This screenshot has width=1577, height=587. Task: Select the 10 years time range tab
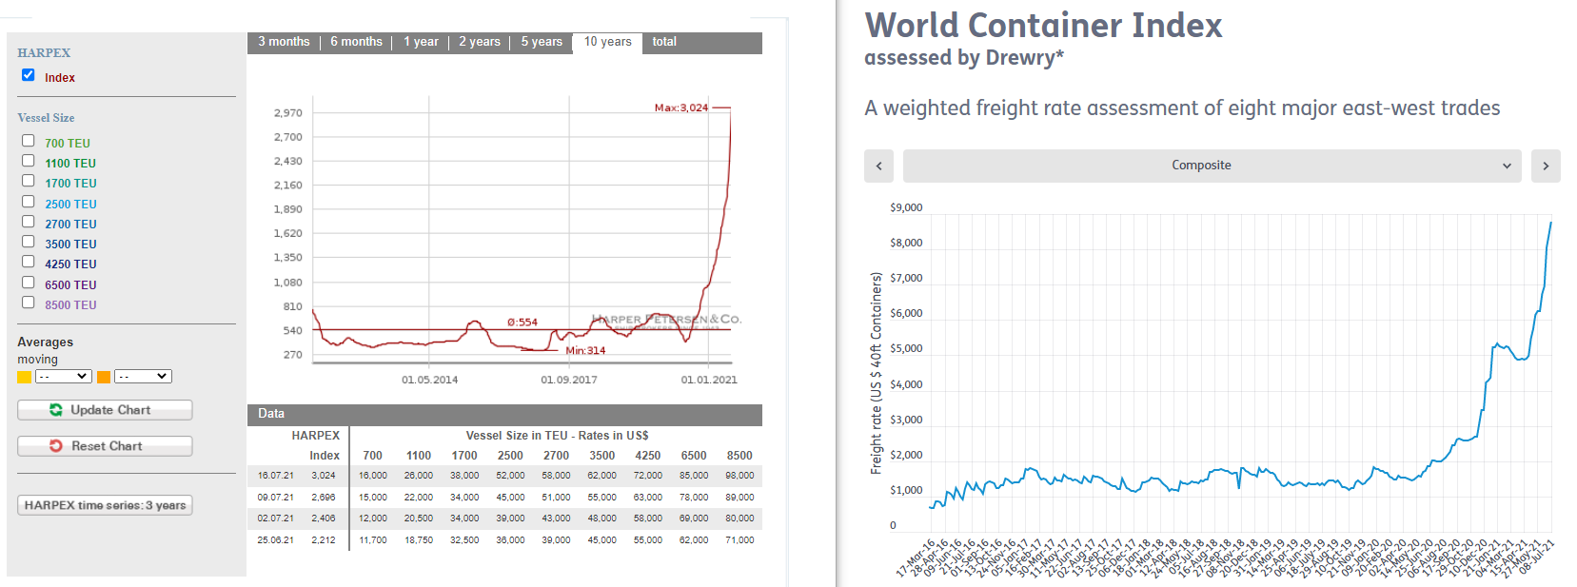(607, 42)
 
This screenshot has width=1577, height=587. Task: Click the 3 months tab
(284, 42)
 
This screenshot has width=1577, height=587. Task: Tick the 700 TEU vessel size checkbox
(29, 141)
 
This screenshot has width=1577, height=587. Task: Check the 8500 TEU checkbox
(29, 303)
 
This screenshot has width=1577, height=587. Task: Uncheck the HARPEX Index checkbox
(29, 75)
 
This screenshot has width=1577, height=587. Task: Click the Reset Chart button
(105, 446)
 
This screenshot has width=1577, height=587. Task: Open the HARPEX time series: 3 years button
(105, 505)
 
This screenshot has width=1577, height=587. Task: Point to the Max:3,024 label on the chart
(681, 108)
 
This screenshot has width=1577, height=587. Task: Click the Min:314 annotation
(585, 351)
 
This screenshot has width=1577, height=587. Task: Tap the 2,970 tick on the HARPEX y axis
(287, 113)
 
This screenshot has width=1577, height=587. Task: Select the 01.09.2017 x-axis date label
(569, 380)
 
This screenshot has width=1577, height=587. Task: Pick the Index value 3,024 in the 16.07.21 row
(324, 476)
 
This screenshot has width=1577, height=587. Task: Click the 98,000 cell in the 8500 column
(739, 476)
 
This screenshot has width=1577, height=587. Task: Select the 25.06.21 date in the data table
(275, 540)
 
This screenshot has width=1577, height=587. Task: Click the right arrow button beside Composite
(1546, 166)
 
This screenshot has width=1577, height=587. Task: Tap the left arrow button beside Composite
(878, 166)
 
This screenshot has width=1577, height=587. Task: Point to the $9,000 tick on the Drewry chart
(906, 207)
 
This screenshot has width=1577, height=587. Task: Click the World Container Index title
(1043, 26)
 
